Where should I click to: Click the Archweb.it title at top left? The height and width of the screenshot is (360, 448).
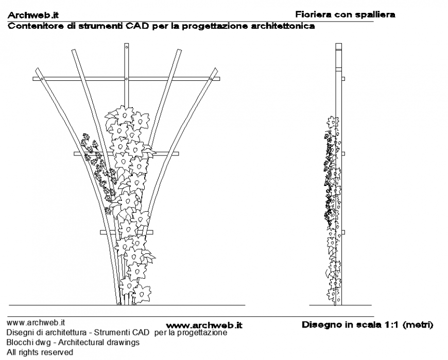click(x=32, y=16)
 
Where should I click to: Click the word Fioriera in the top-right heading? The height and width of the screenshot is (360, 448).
click(x=313, y=14)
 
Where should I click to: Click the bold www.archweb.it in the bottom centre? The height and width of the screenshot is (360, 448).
click(x=204, y=325)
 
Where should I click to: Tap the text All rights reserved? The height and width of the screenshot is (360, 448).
click(x=40, y=353)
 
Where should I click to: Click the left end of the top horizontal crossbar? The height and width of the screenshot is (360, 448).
click(x=35, y=79)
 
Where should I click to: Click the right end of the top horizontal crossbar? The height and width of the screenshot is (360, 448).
click(x=218, y=79)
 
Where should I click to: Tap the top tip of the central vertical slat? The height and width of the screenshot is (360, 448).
click(x=126, y=45)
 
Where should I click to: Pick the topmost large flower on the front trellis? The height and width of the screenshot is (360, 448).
click(x=124, y=115)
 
